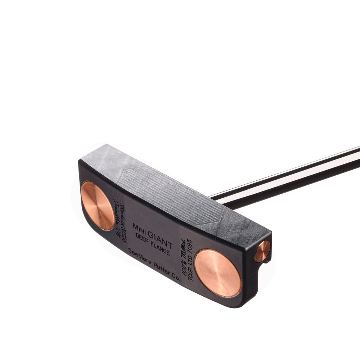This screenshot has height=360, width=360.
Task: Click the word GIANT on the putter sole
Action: (x=160, y=239)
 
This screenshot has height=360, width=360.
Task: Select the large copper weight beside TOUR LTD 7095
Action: (x=218, y=273)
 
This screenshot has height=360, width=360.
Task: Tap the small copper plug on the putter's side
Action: (x=262, y=251)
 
